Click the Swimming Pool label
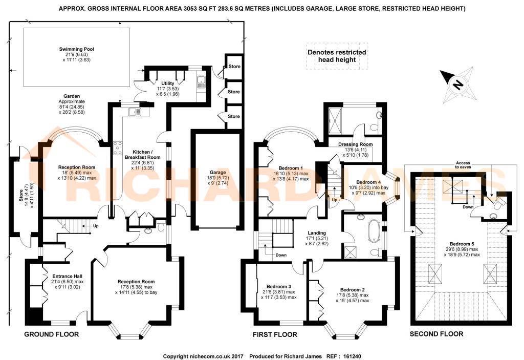point(76,49)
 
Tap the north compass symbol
point(457,84)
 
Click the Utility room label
point(168,83)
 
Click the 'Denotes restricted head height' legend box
point(336,56)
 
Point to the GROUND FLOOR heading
point(52,334)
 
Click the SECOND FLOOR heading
point(436,334)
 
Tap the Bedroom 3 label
point(279,286)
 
